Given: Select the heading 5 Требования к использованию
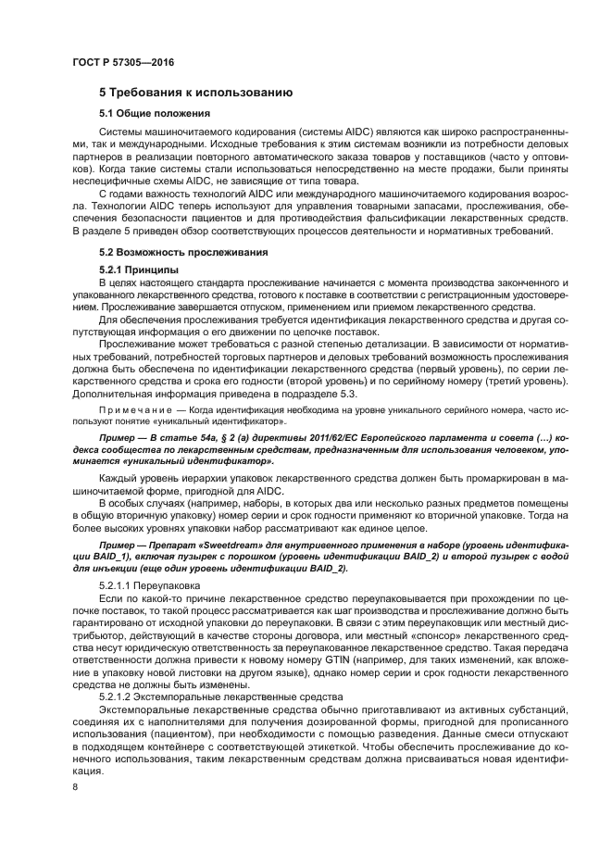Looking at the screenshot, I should point(196,93).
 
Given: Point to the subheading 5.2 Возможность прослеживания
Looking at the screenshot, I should point(184,252).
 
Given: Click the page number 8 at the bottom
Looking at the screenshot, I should point(75,786).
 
